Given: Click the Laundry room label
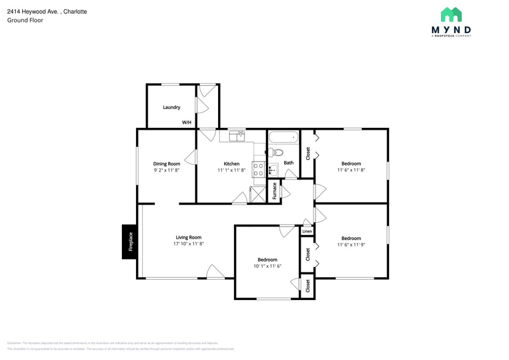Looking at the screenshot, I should [x=172, y=107].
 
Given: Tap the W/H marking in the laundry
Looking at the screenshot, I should [x=187, y=122].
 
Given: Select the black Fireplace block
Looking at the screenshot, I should [x=130, y=241].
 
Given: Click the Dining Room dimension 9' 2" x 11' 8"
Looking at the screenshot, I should [x=167, y=170].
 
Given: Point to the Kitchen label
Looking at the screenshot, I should [x=232, y=163].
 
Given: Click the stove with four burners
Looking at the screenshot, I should [x=258, y=170].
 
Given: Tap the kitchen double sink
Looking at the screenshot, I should [x=236, y=135].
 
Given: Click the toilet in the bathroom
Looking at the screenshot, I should [x=276, y=152].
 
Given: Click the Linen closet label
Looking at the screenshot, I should [x=307, y=231].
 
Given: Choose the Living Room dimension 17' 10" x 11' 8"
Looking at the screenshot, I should [x=188, y=244].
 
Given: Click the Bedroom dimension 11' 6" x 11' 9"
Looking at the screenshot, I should [x=351, y=245].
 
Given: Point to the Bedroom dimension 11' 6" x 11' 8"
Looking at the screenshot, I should [x=351, y=170].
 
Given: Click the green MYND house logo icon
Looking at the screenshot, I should [x=451, y=15].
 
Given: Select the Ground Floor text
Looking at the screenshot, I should [x=25, y=20].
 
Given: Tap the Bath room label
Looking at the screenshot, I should [x=288, y=163].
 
